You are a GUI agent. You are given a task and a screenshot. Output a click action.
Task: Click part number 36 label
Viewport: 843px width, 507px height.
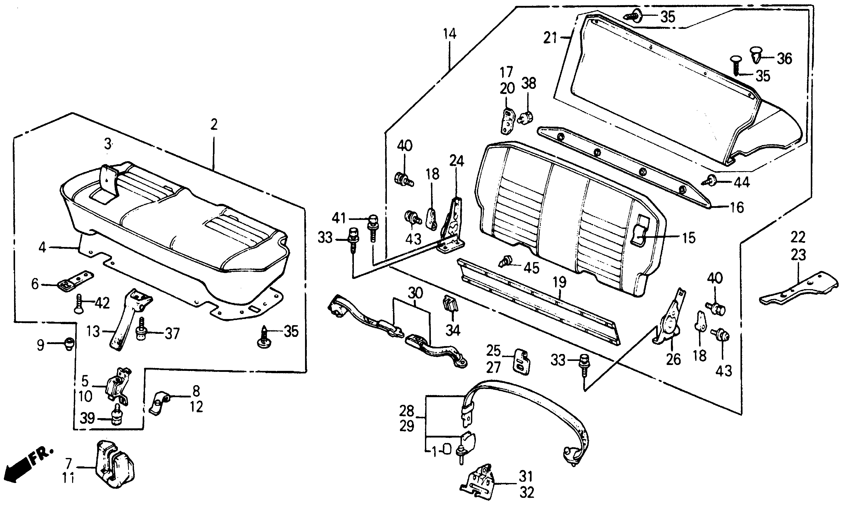click(784, 59)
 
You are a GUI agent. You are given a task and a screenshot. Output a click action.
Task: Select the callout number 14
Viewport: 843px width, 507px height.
click(450, 34)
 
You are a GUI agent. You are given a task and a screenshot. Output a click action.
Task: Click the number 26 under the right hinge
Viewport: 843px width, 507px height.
click(673, 359)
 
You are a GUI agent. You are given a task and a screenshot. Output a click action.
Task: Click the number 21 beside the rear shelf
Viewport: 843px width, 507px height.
click(550, 38)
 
